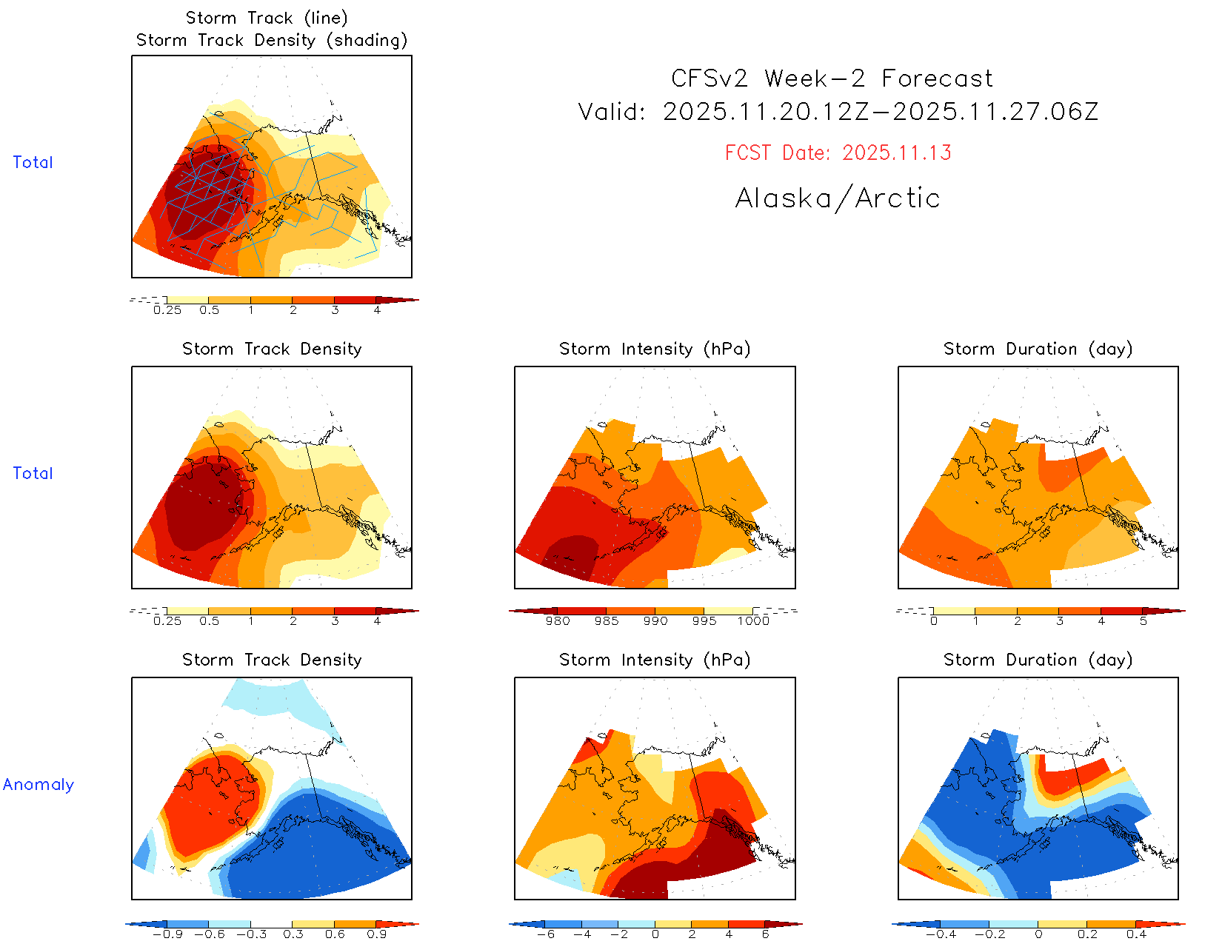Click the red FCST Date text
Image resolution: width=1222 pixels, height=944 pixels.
click(838, 153)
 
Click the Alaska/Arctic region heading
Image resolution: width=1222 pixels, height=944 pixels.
click(838, 198)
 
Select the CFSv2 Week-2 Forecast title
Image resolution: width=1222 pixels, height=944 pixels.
click(832, 78)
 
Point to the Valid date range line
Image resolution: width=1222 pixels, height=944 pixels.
click(838, 112)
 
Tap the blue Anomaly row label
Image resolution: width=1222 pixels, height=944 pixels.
click(39, 784)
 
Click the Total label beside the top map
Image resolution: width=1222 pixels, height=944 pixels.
click(33, 162)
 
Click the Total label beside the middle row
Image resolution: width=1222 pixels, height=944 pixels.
click(33, 473)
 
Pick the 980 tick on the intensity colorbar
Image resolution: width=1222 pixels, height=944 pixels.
click(558, 621)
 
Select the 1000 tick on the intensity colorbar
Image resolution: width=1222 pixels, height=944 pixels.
click(753, 621)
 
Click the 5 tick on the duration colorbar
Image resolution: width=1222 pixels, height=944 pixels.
click(1143, 621)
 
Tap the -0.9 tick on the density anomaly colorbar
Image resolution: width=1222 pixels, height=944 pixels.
click(167, 934)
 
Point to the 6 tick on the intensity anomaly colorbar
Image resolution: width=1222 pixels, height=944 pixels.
click(765, 934)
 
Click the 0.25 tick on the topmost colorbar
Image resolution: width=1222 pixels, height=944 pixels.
click(167, 310)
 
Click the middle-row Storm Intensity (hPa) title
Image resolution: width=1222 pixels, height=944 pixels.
click(655, 349)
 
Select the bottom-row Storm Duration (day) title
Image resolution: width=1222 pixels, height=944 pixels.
click(1038, 660)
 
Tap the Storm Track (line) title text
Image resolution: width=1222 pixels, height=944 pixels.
click(267, 18)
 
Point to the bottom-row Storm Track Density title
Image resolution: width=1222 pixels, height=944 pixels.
click(272, 660)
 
